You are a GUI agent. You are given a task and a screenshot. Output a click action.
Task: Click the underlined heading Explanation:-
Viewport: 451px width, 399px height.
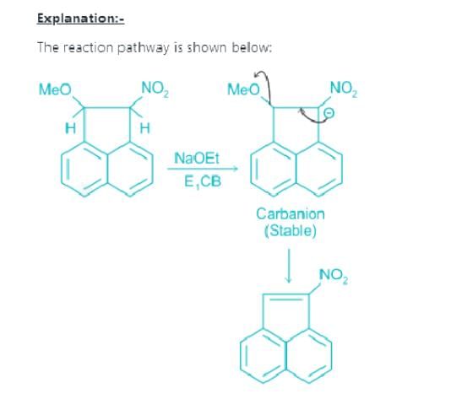pyautogui.click(x=80, y=19)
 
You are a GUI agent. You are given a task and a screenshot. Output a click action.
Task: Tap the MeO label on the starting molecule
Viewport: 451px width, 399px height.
pyautogui.click(x=55, y=89)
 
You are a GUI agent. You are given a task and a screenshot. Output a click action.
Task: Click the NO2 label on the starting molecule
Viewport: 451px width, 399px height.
pyautogui.click(x=155, y=89)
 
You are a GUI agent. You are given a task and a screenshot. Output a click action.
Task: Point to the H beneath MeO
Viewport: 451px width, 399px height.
pyautogui.click(x=71, y=128)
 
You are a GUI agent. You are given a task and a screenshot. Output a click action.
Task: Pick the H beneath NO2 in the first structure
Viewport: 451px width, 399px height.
pyautogui.click(x=144, y=128)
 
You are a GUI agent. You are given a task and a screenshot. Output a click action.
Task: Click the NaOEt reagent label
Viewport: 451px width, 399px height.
pyautogui.click(x=197, y=159)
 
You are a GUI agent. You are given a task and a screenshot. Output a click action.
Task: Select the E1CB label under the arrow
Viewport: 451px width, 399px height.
pyautogui.click(x=203, y=182)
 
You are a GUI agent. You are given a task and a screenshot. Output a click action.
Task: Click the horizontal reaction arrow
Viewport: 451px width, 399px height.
pyautogui.click(x=203, y=169)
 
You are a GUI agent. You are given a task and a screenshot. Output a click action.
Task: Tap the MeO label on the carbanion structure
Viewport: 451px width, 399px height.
pyautogui.click(x=243, y=89)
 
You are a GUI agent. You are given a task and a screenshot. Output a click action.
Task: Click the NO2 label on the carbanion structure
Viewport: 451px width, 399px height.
pyautogui.click(x=344, y=89)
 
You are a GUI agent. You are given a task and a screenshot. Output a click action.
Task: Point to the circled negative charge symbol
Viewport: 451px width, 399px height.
pyautogui.click(x=329, y=114)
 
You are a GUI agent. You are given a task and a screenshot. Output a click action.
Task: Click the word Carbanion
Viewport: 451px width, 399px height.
pyautogui.click(x=291, y=214)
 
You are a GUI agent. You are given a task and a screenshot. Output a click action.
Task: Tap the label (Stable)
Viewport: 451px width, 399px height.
pyautogui.click(x=291, y=230)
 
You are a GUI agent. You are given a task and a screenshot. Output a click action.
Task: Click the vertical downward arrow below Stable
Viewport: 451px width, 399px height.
pyautogui.click(x=289, y=266)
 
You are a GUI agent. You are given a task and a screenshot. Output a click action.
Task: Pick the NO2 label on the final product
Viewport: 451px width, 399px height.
pyautogui.click(x=334, y=277)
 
